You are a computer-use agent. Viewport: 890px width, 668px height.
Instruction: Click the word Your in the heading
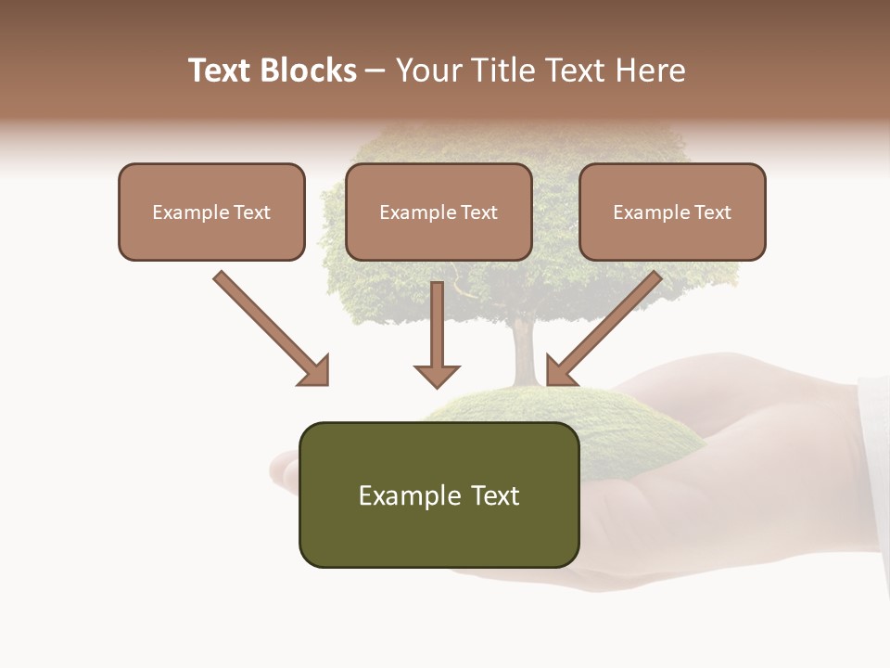click(428, 71)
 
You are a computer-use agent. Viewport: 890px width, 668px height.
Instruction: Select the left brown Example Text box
click(211, 212)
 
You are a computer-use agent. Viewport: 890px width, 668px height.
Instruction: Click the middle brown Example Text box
click(439, 212)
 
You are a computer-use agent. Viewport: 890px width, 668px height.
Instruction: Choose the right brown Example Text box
click(672, 212)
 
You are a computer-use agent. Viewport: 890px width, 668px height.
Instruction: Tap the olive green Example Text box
click(439, 495)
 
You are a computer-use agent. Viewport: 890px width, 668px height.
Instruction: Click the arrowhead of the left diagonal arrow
click(315, 371)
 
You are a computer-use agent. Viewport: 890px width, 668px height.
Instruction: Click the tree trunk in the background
click(524, 353)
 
